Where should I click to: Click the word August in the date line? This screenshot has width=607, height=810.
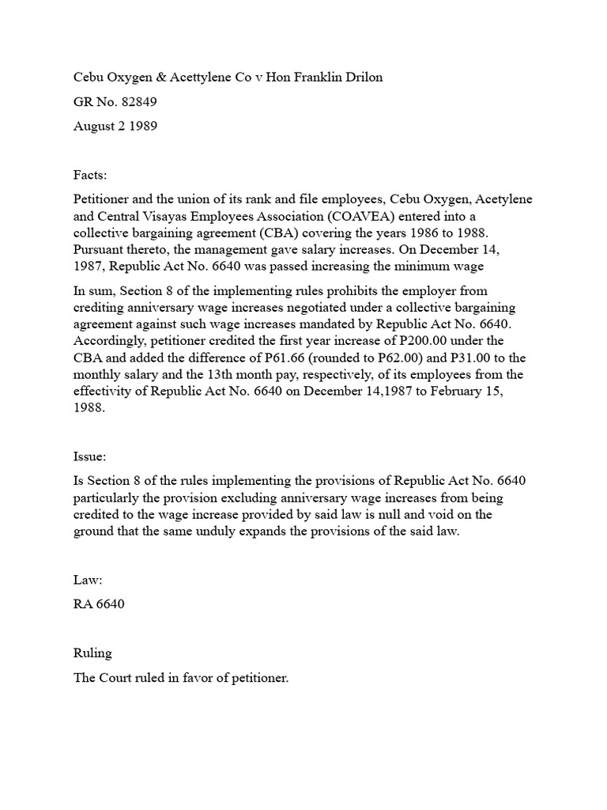coord(93,127)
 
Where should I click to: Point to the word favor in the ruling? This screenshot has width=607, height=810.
coord(204,679)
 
